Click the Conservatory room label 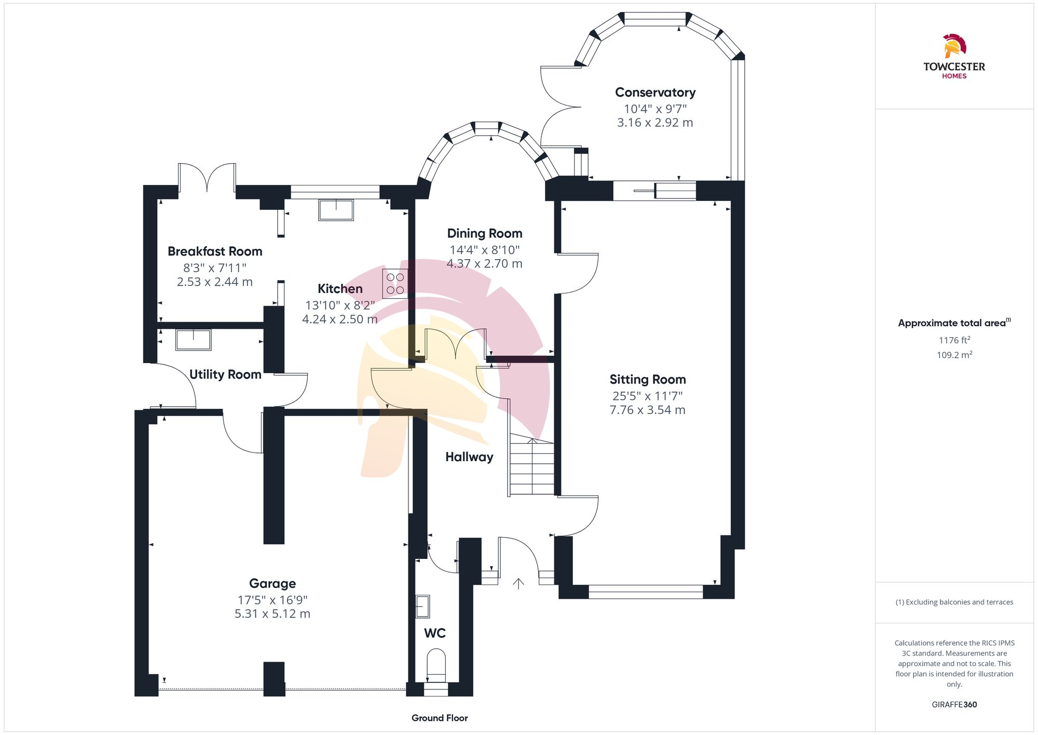point(655,92)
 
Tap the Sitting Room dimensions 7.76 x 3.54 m point(647,410)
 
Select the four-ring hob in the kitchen point(395,284)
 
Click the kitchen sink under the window point(336,210)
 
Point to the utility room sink point(193,340)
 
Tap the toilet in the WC point(436,665)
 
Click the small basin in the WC point(422,606)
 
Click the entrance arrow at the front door point(518,584)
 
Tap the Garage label point(272,583)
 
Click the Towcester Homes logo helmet point(954,46)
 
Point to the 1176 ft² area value point(954,340)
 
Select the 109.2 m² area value point(954,355)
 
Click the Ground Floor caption point(440,718)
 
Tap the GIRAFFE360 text point(954,704)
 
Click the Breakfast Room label point(215,251)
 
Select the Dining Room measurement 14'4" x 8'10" point(484,250)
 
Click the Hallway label point(469,457)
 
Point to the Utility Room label point(225,375)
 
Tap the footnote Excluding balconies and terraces point(954,602)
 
